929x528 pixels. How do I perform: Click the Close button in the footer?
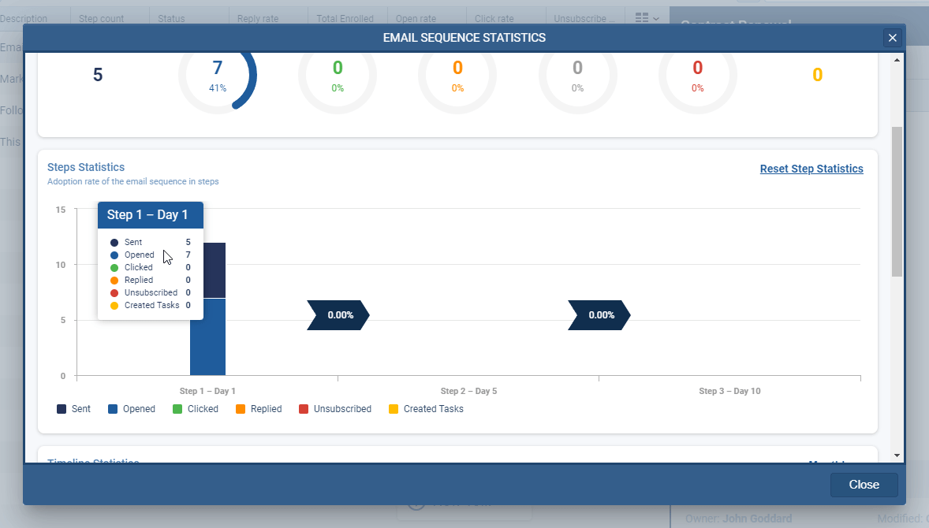(x=864, y=485)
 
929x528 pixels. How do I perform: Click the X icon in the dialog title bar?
(x=892, y=38)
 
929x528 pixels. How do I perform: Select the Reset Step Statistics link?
(x=811, y=169)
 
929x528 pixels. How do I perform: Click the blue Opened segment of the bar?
(x=207, y=337)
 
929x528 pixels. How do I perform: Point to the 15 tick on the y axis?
(x=60, y=210)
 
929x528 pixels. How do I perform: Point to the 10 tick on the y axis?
(x=60, y=265)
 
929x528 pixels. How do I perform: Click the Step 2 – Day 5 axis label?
(x=468, y=391)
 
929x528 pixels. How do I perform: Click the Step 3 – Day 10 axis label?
(x=729, y=391)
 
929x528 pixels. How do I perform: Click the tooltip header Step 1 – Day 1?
(x=148, y=215)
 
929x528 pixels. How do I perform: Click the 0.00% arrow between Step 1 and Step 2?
(x=338, y=314)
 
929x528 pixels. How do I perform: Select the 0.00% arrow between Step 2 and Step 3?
(x=599, y=314)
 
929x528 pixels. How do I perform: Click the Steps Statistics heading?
(x=86, y=167)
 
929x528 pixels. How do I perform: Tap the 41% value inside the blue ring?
(x=218, y=88)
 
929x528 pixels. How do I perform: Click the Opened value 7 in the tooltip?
(x=188, y=255)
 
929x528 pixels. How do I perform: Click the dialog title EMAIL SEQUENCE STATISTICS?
(x=464, y=38)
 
